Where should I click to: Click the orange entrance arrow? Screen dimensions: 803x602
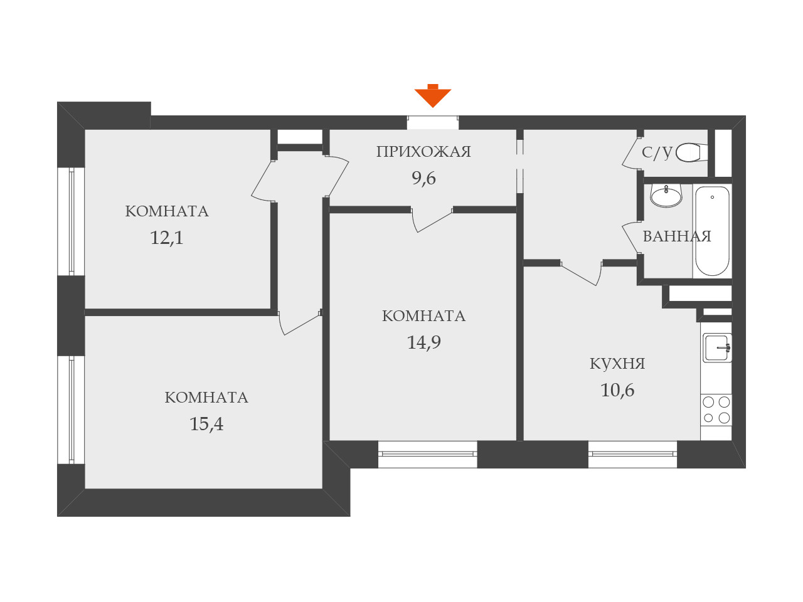(x=433, y=96)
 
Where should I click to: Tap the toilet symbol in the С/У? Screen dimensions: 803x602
(x=689, y=152)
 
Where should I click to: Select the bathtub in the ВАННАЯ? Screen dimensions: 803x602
(x=713, y=231)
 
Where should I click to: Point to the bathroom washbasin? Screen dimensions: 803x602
(x=666, y=196)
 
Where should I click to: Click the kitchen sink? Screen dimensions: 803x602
(x=716, y=347)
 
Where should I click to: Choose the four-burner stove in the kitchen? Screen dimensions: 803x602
(x=716, y=409)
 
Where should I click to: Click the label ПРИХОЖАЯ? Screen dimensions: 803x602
(x=423, y=152)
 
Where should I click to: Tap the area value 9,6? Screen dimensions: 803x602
(x=423, y=179)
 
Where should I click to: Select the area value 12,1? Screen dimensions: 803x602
(x=166, y=238)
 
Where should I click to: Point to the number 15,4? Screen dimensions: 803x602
(x=206, y=425)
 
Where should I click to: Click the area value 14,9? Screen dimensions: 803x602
(x=423, y=342)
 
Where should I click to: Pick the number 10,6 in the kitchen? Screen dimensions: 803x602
(x=617, y=391)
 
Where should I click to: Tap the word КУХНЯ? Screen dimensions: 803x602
(x=617, y=364)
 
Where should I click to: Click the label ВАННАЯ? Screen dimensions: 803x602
(x=677, y=236)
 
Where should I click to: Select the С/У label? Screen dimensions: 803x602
(x=657, y=152)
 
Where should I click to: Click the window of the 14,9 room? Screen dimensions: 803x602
(x=428, y=454)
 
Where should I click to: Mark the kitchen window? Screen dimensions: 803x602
(x=632, y=454)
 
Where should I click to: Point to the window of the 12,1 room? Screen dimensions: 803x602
(x=72, y=221)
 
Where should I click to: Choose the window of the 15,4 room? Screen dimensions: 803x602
(x=72, y=410)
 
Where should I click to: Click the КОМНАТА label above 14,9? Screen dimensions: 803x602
(x=423, y=316)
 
